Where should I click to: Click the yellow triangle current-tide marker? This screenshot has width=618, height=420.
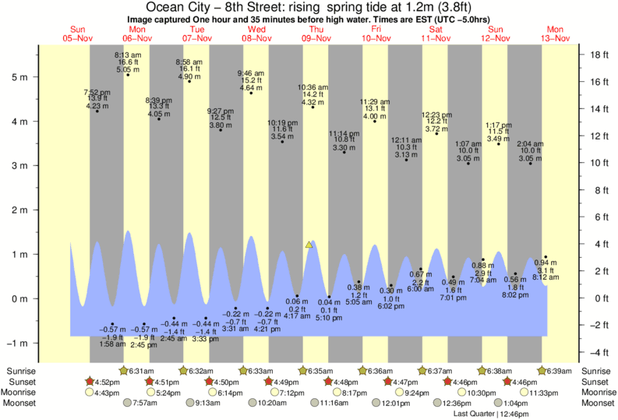click(x=309, y=245)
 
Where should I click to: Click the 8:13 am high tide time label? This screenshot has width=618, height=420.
click(x=128, y=55)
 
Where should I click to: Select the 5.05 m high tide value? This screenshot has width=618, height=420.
click(x=128, y=69)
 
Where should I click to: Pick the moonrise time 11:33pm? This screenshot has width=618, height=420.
click(x=544, y=393)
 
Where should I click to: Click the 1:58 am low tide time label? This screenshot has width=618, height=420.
click(x=112, y=344)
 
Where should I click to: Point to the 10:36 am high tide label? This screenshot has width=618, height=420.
click(x=313, y=87)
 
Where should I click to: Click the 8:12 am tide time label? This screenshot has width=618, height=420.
click(x=546, y=277)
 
